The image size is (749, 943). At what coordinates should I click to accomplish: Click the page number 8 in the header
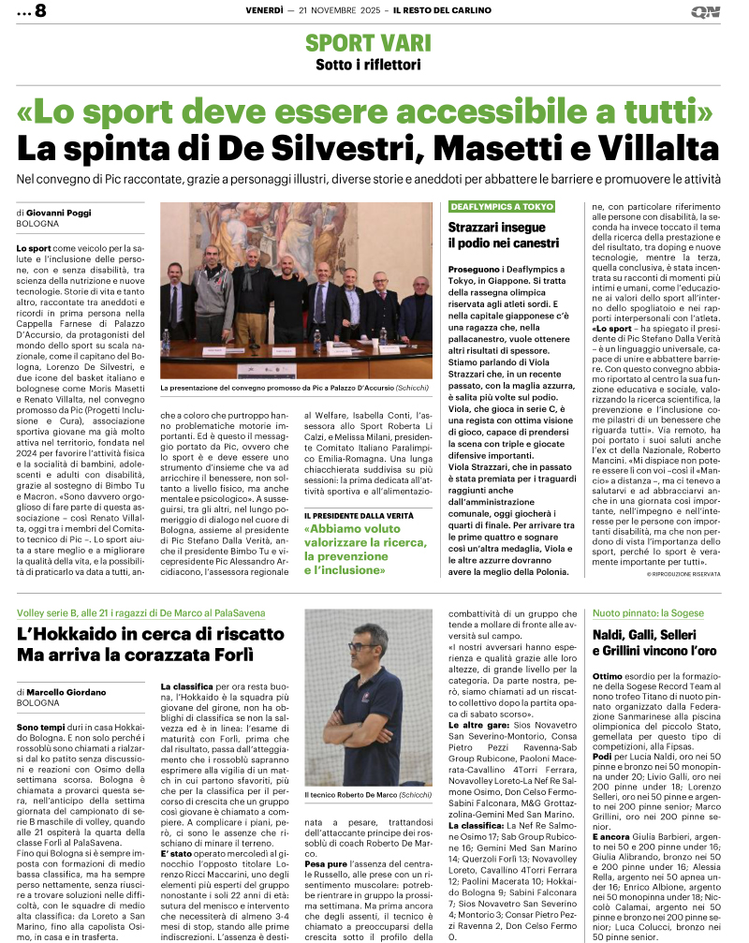[x=39, y=12]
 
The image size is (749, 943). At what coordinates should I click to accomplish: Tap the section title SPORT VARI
[x=368, y=42]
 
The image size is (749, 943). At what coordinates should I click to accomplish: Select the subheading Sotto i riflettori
[x=368, y=65]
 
